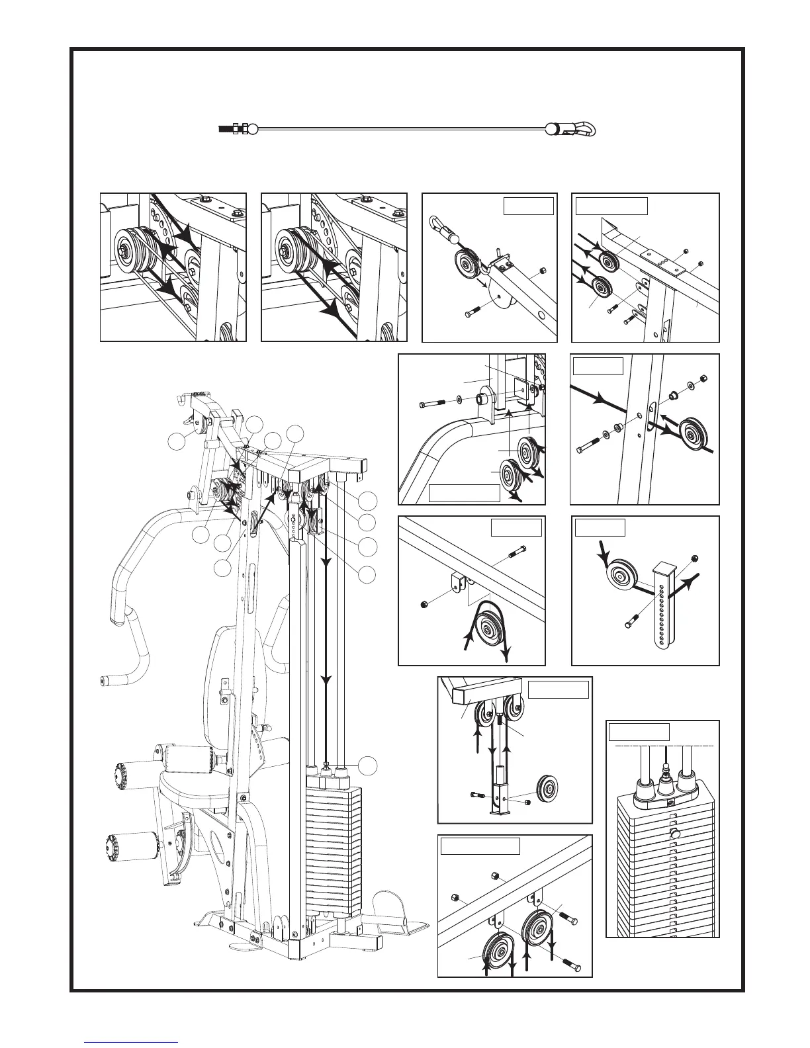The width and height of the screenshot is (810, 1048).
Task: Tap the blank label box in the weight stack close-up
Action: (x=638, y=732)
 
